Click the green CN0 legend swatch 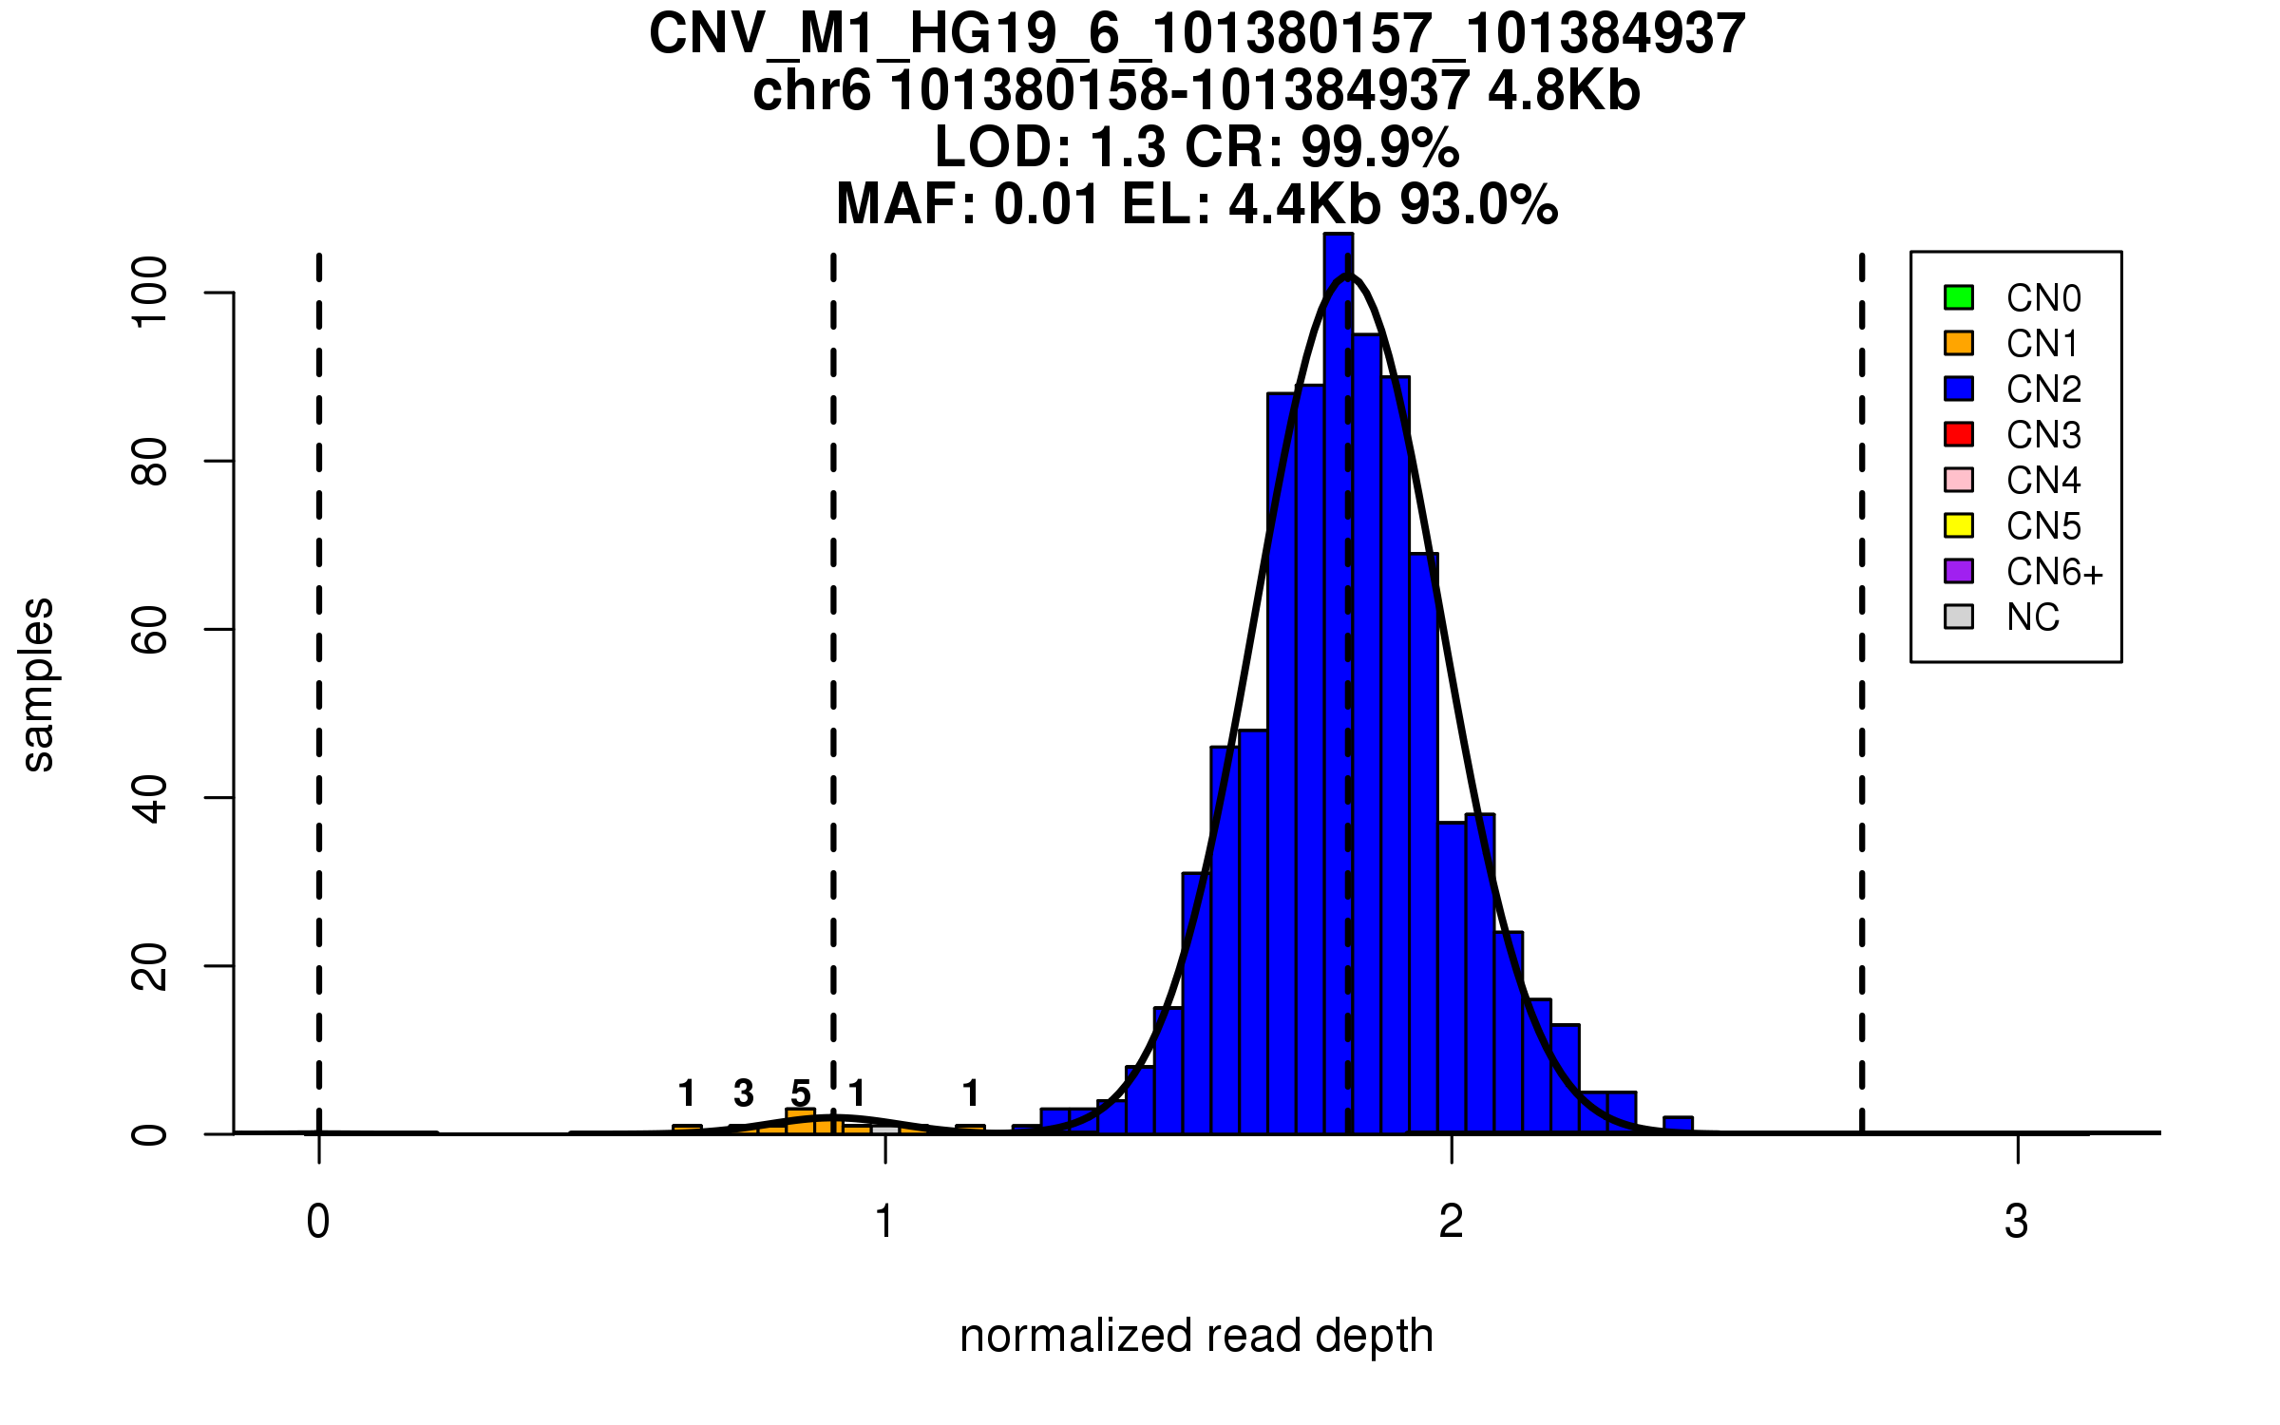1959,297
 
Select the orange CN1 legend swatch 1959,343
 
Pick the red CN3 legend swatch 1959,434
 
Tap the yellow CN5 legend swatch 1959,525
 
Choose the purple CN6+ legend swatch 1959,571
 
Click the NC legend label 2033,617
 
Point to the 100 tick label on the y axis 150,293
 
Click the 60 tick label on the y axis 150,629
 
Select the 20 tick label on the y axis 150,966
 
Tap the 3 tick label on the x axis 2017,1222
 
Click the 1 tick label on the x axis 885,1222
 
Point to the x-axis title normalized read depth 1196,1336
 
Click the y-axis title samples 38,684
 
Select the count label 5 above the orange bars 801,1094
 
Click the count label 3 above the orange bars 744,1093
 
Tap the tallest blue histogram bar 1339,684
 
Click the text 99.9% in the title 1379,147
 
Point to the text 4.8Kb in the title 1564,91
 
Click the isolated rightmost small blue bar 1679,1125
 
